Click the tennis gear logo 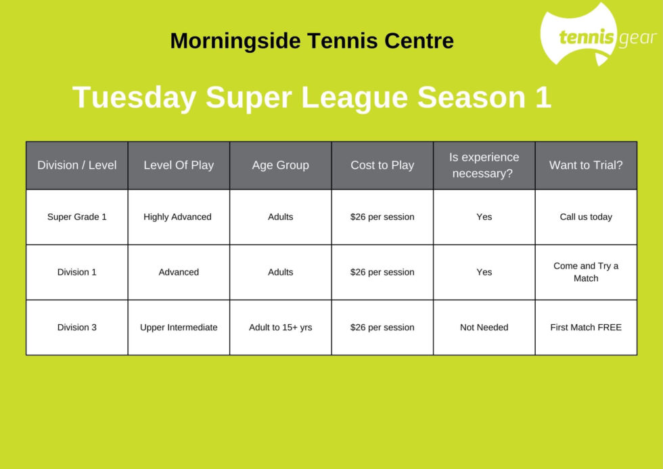point(598,35)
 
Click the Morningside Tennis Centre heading point(312,41)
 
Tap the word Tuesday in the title point(135,98)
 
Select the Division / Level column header point(77,165)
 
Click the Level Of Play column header point(179,165)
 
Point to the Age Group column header point(280,165)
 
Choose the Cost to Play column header point(382,165)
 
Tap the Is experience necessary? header point(484,165)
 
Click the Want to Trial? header point(586,165)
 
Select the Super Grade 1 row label point(77,217)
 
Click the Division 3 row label point(77,328)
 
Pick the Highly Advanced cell point(177,217)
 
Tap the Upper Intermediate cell point(179,328)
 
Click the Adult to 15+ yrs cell point(280,328)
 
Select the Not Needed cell point(484,328)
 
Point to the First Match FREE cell point(586,328)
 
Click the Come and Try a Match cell point(586,272)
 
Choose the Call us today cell point(586,217)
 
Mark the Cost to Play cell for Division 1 point(382,272)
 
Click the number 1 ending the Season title point(543,97)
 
